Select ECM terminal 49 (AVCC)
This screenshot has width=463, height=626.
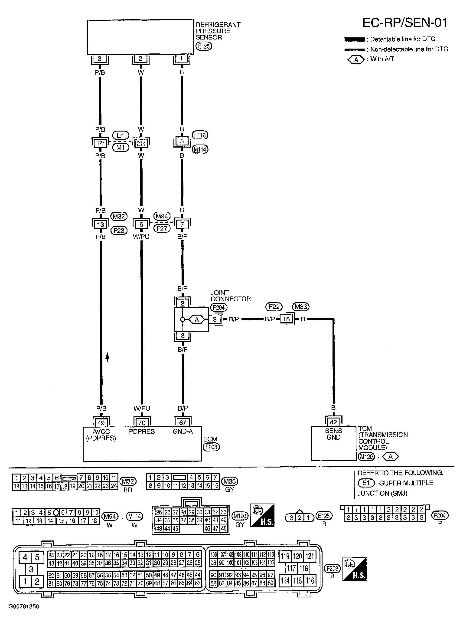point(101,423)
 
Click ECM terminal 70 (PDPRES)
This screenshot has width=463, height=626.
point(142,423)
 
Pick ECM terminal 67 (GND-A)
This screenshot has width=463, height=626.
point(183,423)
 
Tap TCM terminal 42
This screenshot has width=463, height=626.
point(333,422)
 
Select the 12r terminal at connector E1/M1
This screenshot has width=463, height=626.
point(100,143)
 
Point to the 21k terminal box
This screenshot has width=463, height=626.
point(141,143)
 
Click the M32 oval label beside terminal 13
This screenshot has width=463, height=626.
point(119,216)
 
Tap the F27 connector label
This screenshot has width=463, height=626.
point(162,228)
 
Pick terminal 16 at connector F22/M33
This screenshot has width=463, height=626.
point(286,319)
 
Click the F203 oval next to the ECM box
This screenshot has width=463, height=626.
point(211,447)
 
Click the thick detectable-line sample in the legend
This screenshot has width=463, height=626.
point(354,39)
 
